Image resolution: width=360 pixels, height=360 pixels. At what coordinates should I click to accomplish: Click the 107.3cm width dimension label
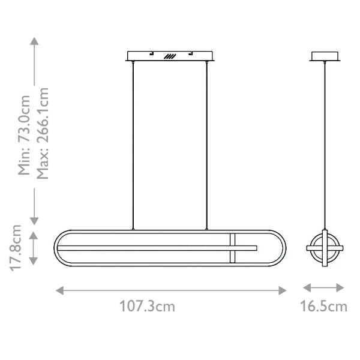[x=148, y=306]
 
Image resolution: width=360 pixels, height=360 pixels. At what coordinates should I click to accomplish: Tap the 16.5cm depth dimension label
[x=323, y=306]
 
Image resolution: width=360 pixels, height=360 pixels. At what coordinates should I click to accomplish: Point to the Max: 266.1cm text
[x=42, y=133]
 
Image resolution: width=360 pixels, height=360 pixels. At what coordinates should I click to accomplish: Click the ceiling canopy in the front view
[x=171, y=56]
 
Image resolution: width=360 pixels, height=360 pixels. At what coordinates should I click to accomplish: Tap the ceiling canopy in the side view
[x=326, y=56]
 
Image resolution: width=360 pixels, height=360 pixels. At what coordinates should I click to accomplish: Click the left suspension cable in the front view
[x=133, y=144]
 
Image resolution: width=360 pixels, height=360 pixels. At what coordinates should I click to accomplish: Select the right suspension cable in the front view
[x=207, y=144]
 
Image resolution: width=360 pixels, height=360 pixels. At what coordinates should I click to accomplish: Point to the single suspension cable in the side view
[x=325, y=144]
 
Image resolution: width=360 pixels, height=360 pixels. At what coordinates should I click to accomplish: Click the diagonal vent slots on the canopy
[x=170, y=56]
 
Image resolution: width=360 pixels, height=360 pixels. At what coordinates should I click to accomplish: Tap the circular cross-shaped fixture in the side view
[x=325, y=248]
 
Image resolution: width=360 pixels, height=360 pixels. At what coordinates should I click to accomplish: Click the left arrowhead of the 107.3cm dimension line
[x=59, y=290]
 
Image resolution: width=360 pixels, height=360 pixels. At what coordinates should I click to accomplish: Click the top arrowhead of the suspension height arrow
[x=34, y=40]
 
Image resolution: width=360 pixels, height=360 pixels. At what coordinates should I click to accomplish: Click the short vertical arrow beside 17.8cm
[x=34, y=248]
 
